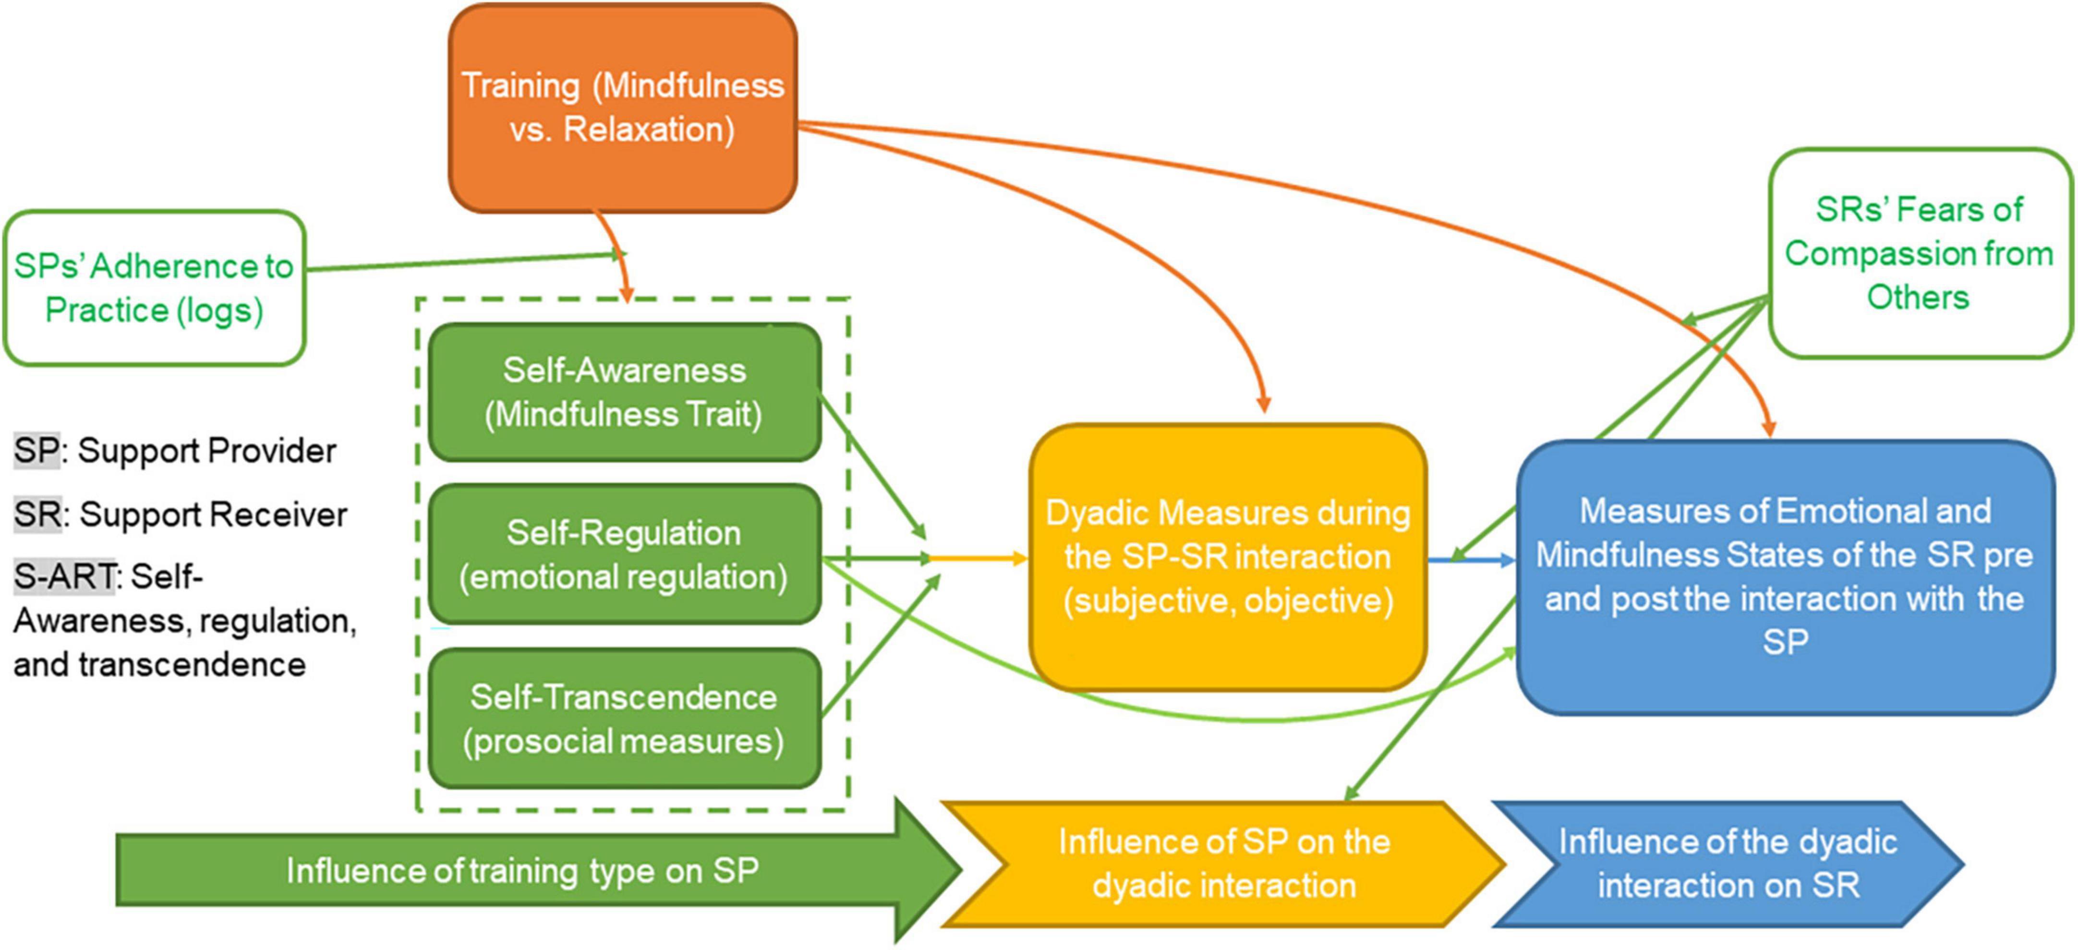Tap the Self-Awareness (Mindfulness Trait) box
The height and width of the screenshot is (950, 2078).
click(624, 392)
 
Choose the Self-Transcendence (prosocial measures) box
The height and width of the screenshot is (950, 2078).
click(624, 719)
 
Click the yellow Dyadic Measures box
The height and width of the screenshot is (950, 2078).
click(1227, 556)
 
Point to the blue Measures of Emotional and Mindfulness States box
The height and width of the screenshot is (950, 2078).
click(1784, 577)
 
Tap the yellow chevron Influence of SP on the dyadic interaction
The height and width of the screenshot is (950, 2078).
click(1224, 864)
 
